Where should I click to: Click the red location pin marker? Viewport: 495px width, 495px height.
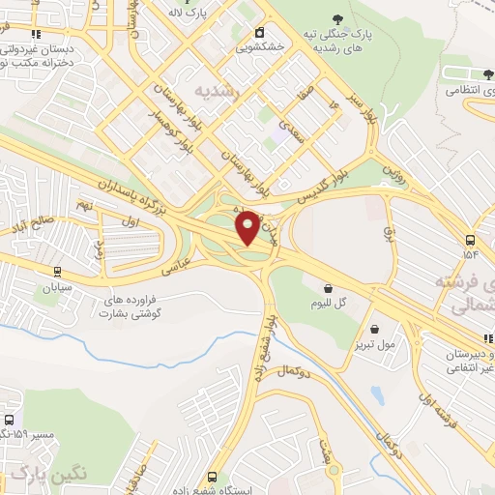tap(247, 228)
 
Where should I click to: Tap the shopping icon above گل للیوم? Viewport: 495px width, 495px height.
tap(328, 287)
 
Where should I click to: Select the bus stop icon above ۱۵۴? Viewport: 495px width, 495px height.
tap(470, 240)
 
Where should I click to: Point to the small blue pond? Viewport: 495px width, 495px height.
tap(376, 395)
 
